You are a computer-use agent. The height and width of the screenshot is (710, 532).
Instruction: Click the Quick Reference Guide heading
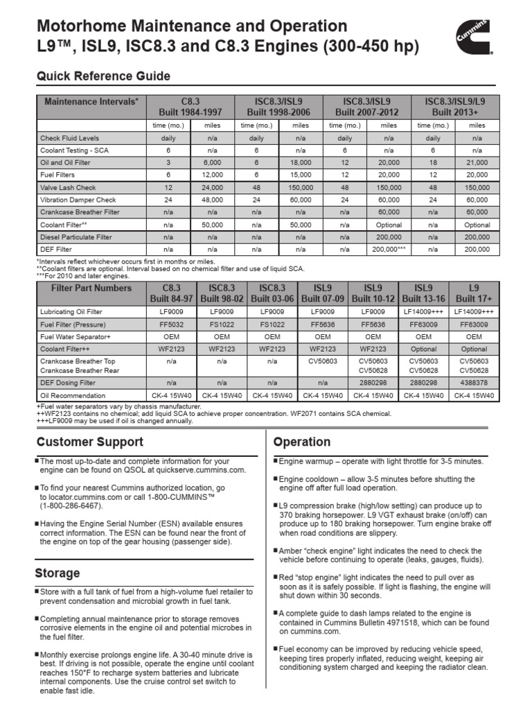tap(103, 76)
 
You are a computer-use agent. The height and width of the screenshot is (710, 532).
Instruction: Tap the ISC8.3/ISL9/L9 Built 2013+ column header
tap(455, 106)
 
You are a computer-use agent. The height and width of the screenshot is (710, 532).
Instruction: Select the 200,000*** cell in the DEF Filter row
tap(389, 248)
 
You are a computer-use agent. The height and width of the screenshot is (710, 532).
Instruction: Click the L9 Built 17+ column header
tap(474, 293)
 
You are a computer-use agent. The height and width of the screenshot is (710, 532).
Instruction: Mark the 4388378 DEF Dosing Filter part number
tap(474, 382)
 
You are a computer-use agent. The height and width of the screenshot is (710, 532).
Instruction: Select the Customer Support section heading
tap(89, 442)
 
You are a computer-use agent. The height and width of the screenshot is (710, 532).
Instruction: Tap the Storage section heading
tap(57, 573)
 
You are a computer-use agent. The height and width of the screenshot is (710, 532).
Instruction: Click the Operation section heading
tap(302, 442)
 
